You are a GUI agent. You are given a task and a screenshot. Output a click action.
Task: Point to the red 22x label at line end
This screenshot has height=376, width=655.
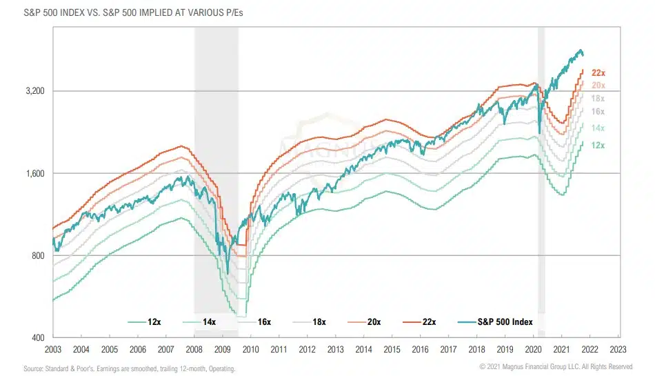(598, 72)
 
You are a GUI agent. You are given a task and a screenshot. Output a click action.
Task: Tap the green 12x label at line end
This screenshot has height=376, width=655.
(598, 145)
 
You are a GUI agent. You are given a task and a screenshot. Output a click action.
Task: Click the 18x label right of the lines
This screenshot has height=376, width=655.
(598, 99)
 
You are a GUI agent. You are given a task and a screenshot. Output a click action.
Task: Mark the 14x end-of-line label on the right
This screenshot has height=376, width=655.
(598, 128)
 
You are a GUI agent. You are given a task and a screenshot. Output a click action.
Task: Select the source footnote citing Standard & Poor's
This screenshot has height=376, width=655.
(130, 369)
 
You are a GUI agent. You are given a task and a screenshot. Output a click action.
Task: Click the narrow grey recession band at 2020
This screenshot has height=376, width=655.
(541, 172)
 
